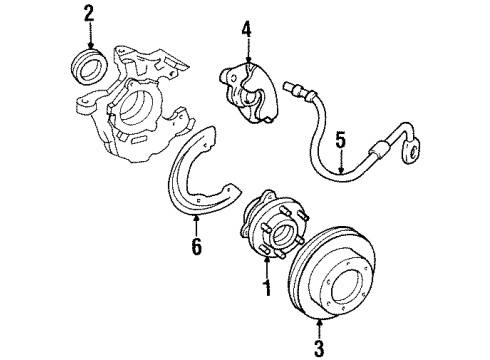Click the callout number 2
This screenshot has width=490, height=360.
pos(89,13)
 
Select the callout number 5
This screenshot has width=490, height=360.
pos(341,141)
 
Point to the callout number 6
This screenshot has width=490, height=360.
pos(197,246)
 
